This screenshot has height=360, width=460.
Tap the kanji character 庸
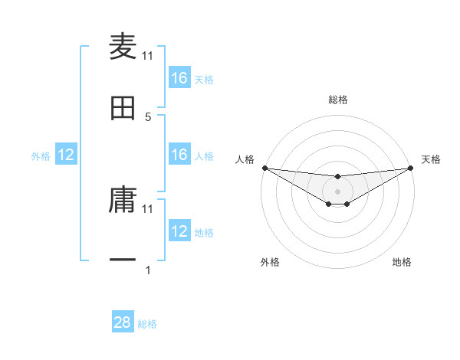click(x=123, y=200)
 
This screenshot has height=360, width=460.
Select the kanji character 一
click(x=123, y=260)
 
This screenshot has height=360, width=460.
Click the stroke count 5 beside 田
click(x=148, y=116)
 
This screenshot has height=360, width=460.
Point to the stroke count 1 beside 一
click(x=148, y=270)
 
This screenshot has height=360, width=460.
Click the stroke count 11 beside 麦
click(x=148, y=55)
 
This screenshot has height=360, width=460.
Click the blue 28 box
click(x=123, y=322)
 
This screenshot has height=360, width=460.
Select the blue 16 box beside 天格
click(x=179, y=78)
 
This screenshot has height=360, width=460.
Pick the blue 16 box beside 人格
click(x=179, y=155)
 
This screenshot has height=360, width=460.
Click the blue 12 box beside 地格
click(x=179, y=231)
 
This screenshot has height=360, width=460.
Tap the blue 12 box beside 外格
click(x=66, y=155)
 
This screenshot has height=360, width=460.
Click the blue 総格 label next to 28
click(x=147, y=324)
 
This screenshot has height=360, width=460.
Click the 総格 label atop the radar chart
click(x=337, y=100)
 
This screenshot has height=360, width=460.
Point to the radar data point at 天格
click(x=411, y=168)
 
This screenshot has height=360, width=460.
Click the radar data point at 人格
click(x=264, y=168)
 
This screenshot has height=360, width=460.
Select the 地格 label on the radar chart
click(x=402, y=263)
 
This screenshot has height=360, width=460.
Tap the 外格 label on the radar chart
click(x=270, y=263)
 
